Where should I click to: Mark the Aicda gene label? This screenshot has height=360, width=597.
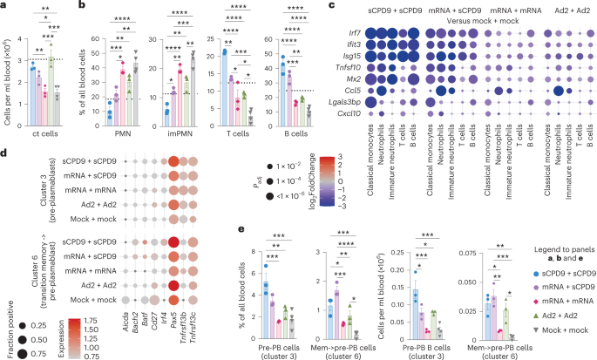tap(129, 332)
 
